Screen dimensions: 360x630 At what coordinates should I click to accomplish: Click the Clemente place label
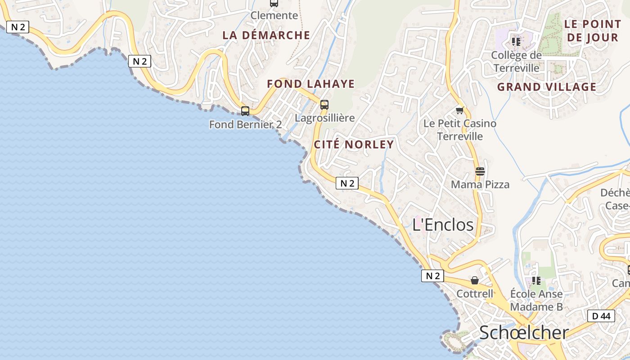274,15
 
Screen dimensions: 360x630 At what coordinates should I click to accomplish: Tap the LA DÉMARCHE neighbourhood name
266,35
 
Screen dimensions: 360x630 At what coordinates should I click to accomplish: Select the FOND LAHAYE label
311,84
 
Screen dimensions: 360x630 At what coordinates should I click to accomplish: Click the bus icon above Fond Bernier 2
245,111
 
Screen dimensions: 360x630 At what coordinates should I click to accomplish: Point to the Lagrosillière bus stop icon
324,105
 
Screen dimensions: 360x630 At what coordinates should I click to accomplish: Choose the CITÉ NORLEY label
354,144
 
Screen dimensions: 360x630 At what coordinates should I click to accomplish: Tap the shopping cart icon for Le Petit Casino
460,110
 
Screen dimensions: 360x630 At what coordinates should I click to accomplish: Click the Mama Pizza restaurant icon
480,171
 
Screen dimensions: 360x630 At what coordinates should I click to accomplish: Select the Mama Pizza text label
480,184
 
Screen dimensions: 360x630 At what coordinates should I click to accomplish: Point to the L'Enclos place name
443,225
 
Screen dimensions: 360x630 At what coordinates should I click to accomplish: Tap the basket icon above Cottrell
475,281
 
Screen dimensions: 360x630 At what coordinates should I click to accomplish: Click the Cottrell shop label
475,294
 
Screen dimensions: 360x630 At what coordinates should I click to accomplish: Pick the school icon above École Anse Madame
536,281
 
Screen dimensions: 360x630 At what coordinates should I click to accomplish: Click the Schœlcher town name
524,333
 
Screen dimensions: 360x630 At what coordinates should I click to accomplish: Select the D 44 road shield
601,316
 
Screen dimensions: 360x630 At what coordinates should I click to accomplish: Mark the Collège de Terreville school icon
516,42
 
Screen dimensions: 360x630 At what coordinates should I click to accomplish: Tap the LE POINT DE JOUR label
592,31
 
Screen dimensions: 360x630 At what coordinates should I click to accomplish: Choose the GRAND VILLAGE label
547,87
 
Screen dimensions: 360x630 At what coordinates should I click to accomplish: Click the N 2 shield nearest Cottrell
432,276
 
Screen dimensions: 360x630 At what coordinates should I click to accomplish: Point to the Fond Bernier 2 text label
246,124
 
